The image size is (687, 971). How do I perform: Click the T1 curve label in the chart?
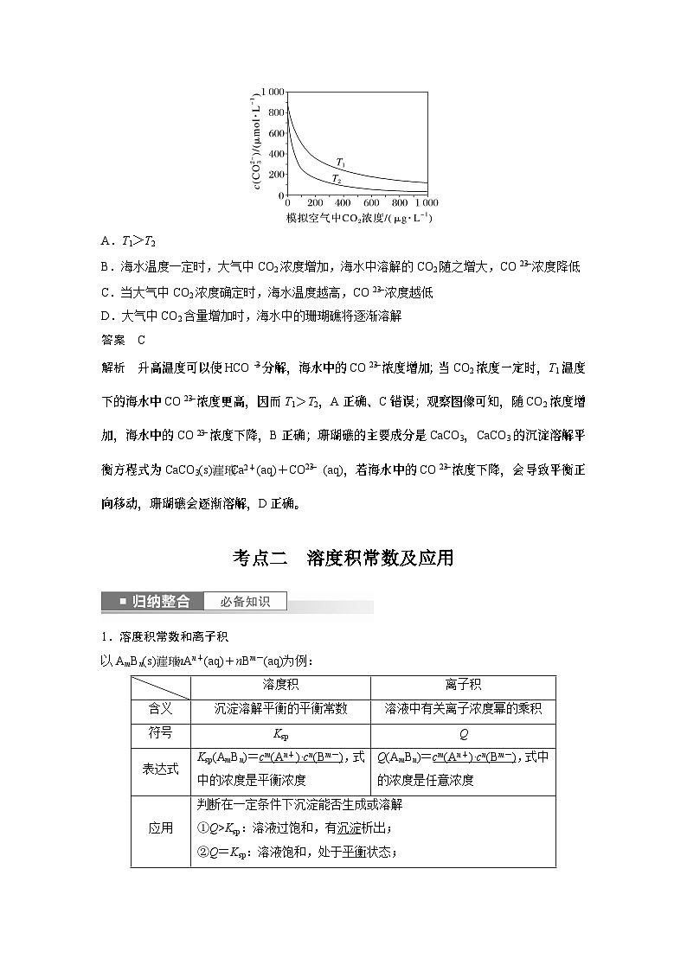[x=341, y=162]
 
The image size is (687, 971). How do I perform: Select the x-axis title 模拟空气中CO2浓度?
[x=358, y=217]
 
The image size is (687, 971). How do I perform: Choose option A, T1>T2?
[x=127, y=242]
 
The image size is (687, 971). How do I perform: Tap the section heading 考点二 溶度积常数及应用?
[x=343, y=559]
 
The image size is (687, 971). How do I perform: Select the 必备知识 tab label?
[x=245, y=601]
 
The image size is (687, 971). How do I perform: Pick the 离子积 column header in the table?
[x=463, y=685]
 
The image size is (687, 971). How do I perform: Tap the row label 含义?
[x=160, y=708]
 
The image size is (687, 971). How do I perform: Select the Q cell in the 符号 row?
[x=463, y=732]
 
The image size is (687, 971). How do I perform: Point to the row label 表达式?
[x=160, y=769]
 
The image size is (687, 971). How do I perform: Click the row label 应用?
[x=160, y=828]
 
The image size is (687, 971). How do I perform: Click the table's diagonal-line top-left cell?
[x=160, y=686]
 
